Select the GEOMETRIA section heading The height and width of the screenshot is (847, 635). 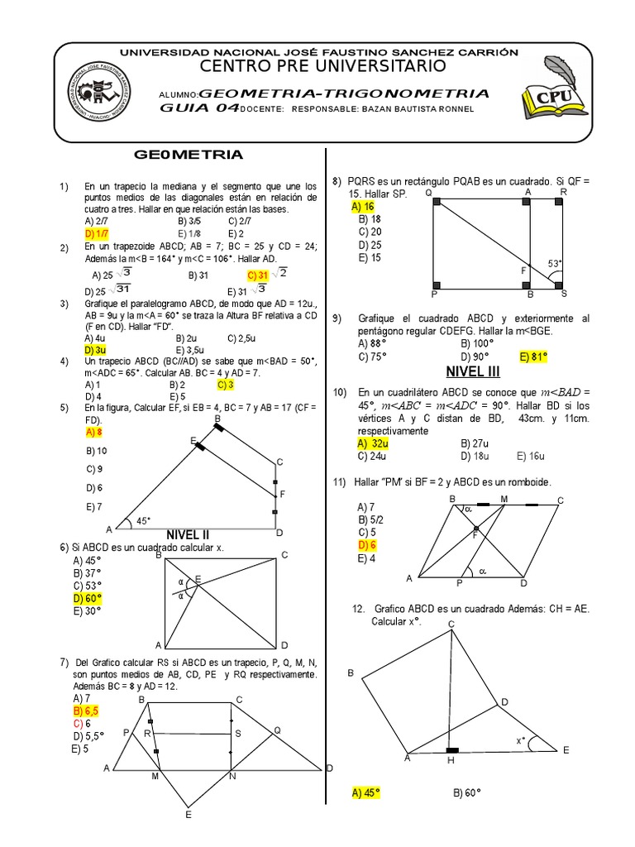point(189,154)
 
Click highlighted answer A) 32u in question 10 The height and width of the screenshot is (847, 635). point(369,443)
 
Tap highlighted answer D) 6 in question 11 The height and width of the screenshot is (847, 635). point(368,545)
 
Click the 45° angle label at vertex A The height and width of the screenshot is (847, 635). point(143,520)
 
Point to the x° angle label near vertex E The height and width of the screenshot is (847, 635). point(523,740)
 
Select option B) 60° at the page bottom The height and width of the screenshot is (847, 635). point(467,792)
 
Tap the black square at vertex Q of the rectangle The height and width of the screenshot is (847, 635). point(436,202)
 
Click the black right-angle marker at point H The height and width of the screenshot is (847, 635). point(452,750)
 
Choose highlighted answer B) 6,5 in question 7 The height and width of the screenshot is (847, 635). point(87,710)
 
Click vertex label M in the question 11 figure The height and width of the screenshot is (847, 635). point(504,499)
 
